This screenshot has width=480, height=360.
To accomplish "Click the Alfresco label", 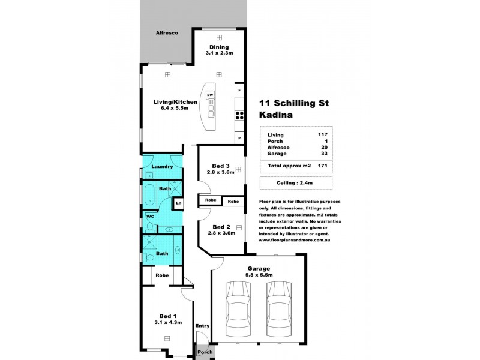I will (164, 32).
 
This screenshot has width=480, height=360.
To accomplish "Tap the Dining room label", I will (218, 47).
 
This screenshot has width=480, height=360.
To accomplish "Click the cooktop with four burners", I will (239, 115).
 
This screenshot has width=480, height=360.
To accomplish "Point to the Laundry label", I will (162, 166).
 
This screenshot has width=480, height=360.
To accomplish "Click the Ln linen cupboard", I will (178, 203).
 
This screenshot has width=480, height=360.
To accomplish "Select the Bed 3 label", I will (221, 166).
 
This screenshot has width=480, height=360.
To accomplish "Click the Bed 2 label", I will (221, 227).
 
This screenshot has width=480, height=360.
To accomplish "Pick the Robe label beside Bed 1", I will (161, 275).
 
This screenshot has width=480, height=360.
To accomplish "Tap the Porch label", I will (205, 352).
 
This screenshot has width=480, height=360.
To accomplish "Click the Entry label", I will (203, 326).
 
